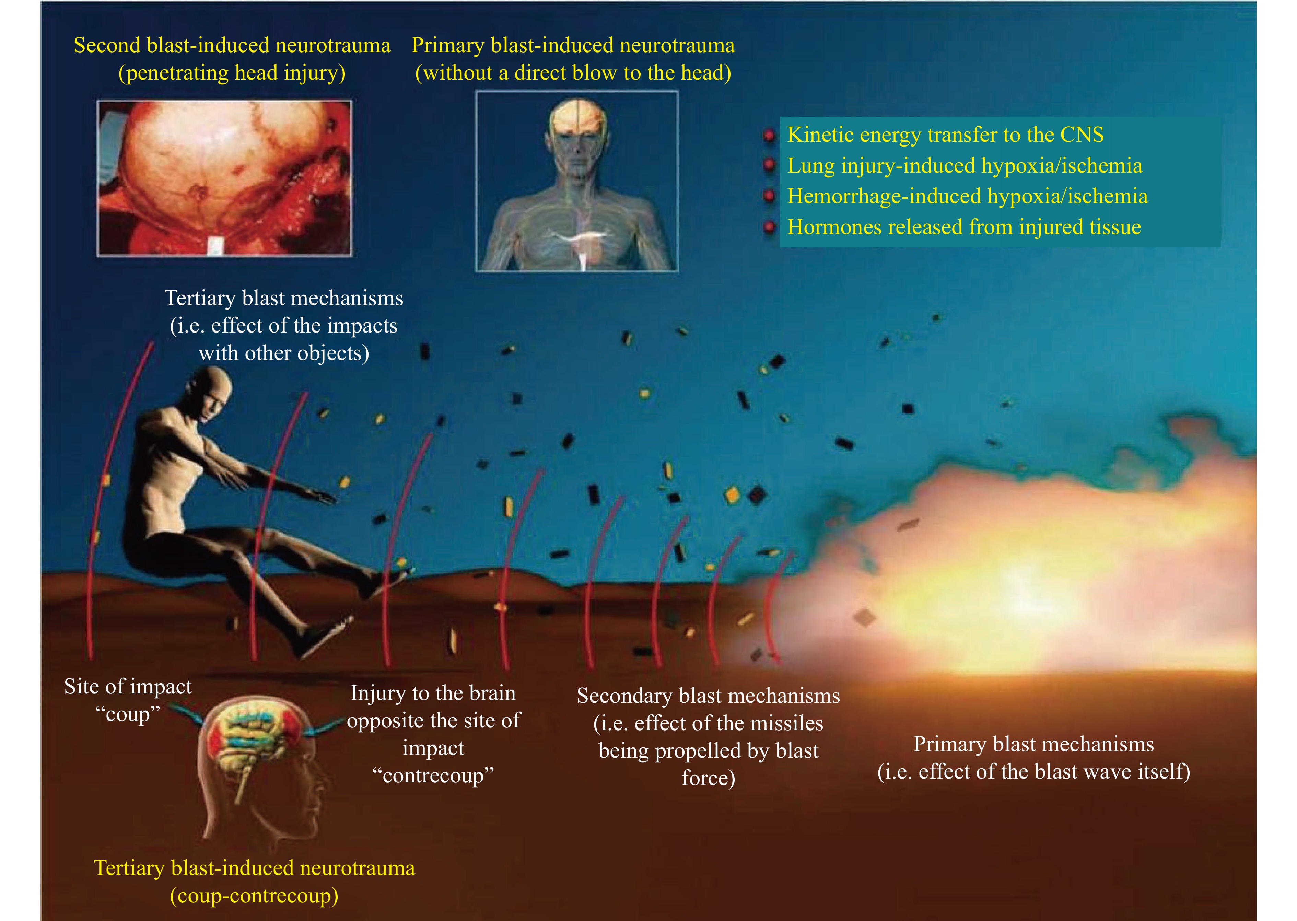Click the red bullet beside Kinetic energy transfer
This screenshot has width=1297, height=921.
tap(769, 135)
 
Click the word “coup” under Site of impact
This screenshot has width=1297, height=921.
tap(128, 713)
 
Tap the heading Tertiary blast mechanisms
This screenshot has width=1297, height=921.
tap(283, 298)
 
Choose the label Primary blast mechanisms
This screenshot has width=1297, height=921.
tap(1033, 744)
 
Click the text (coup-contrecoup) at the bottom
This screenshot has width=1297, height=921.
tap(254, 896)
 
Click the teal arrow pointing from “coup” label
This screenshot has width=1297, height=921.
tap(187, 716)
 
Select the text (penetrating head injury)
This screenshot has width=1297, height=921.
tap(232, 73)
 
